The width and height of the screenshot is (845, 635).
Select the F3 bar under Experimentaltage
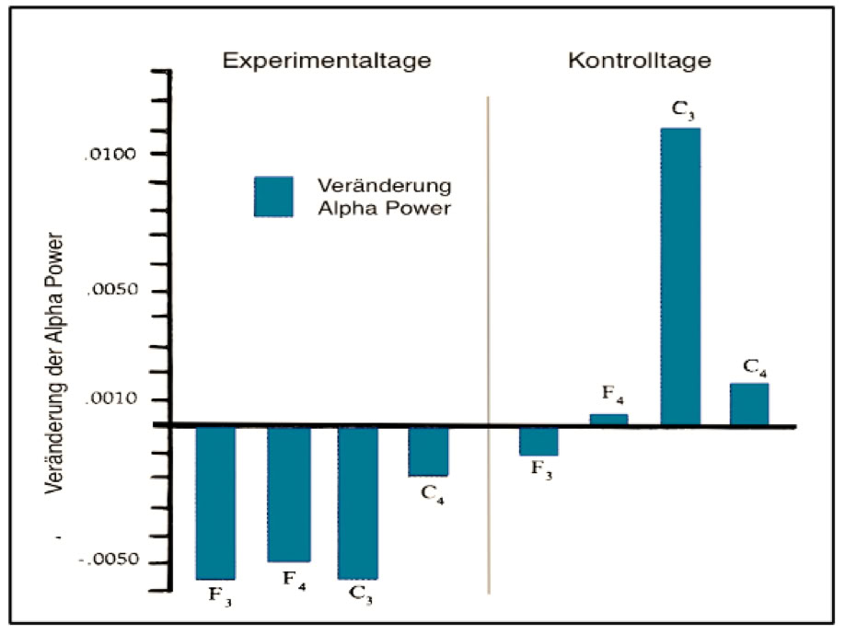[x=215, y=502]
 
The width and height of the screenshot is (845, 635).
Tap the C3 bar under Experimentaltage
[x=357, y=502]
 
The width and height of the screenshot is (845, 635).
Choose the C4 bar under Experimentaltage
[x=428, y=451]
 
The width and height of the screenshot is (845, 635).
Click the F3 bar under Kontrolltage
[x=538, y=441]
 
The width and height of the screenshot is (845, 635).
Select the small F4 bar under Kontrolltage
[x=608, y=420]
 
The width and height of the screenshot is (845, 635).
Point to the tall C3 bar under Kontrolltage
[x=680, y=276]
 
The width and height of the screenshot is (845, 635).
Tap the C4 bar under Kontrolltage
[x=749, y=404]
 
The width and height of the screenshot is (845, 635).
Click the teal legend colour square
[x=273, y=196]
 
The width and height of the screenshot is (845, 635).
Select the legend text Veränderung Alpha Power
[x=383, y=197]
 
